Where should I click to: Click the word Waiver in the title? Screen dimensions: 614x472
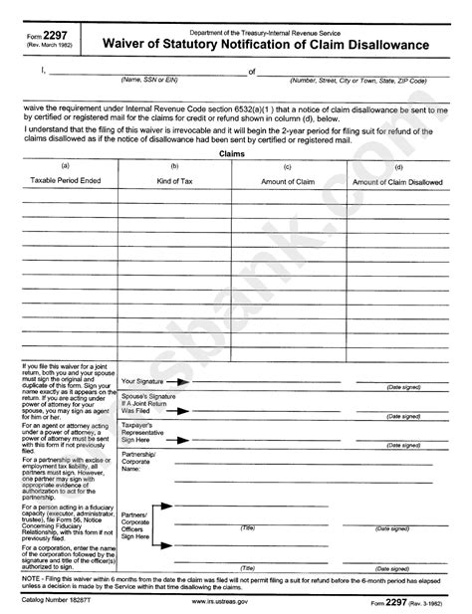(141, 46)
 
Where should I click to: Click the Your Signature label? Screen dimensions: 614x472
(142, 381)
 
